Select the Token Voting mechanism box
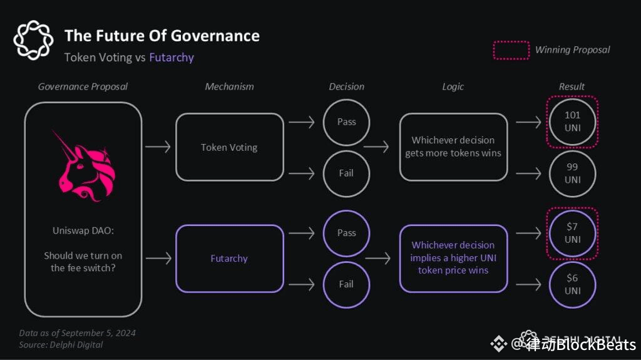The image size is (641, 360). pos(229,148)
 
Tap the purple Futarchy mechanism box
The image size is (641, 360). pos(229,259)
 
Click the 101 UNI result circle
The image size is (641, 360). pos(572,121)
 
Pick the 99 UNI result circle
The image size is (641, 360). pos(572,173)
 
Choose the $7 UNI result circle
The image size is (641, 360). pos(572,233)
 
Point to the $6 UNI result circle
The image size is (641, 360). pos(572,284)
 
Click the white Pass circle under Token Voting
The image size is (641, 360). pos(346,121)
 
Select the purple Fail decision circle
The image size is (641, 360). pos(346,284)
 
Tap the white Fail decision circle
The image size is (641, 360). pos(346,173)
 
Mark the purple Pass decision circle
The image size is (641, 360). pos(346,233)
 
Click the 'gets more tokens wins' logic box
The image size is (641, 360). pos(453,147)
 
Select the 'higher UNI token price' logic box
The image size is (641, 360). pos(453,258)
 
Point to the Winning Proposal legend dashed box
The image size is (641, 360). pos(511,50)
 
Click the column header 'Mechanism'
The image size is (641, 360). pos(229,86)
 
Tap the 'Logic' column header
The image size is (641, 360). pos(453,86)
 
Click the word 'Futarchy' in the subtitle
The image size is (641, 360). pos(172,58)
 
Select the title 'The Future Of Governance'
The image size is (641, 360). pos(162,35)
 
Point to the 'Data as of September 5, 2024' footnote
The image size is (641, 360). pos(77,333)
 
